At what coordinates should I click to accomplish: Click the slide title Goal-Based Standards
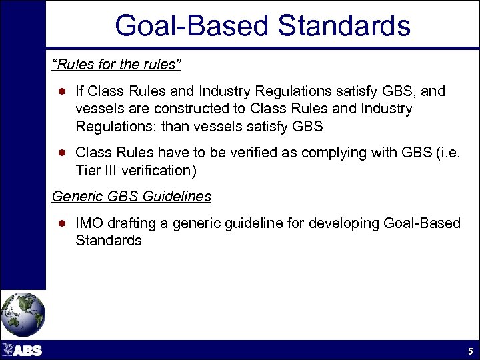click(262, 25)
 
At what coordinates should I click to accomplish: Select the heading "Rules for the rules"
click(117, 66)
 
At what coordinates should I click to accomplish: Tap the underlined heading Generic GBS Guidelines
click(131, 197)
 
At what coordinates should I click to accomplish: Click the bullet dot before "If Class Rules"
click(60, 91)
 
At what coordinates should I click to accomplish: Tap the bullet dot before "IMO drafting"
click(60, 223)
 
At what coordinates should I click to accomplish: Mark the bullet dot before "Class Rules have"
click(60, 153)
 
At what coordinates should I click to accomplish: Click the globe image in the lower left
click(23, 314)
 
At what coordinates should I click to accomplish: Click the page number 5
click(470, 351)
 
